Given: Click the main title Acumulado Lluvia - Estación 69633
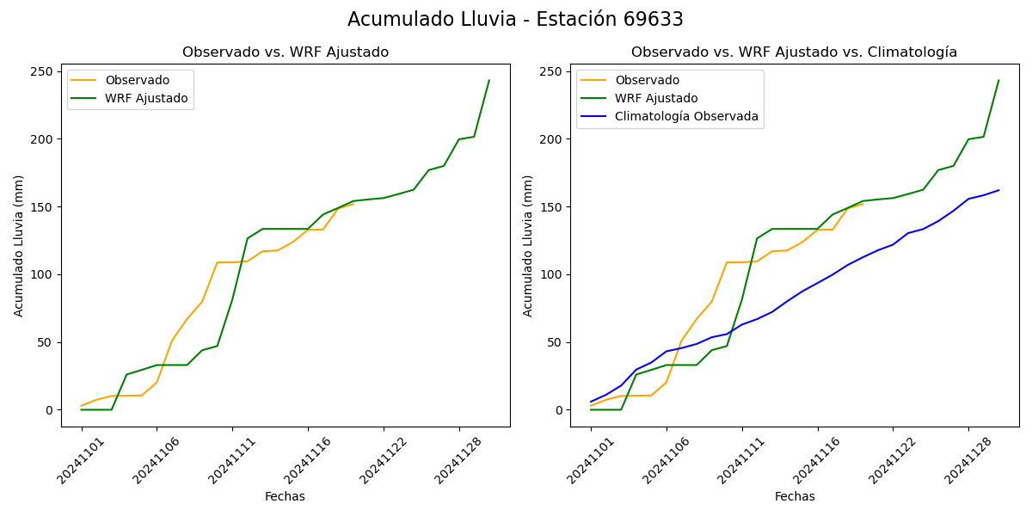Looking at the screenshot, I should click(515, 20).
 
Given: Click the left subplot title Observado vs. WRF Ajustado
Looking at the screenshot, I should click(286, 52).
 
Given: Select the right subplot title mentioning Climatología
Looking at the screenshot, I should click(794, 52).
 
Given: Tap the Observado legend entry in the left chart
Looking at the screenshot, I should click(138, 80).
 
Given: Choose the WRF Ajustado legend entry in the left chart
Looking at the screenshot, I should click(146, 98).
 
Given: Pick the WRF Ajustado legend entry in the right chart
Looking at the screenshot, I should click(655, 98).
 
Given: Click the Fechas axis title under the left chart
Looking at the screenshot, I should click(285, 496).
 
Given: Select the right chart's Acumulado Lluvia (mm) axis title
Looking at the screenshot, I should click(528, 245).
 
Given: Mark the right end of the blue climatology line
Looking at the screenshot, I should click(998, 190).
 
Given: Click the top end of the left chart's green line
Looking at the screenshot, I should click(489, 81).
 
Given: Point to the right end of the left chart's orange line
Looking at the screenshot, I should click(353, 204).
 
